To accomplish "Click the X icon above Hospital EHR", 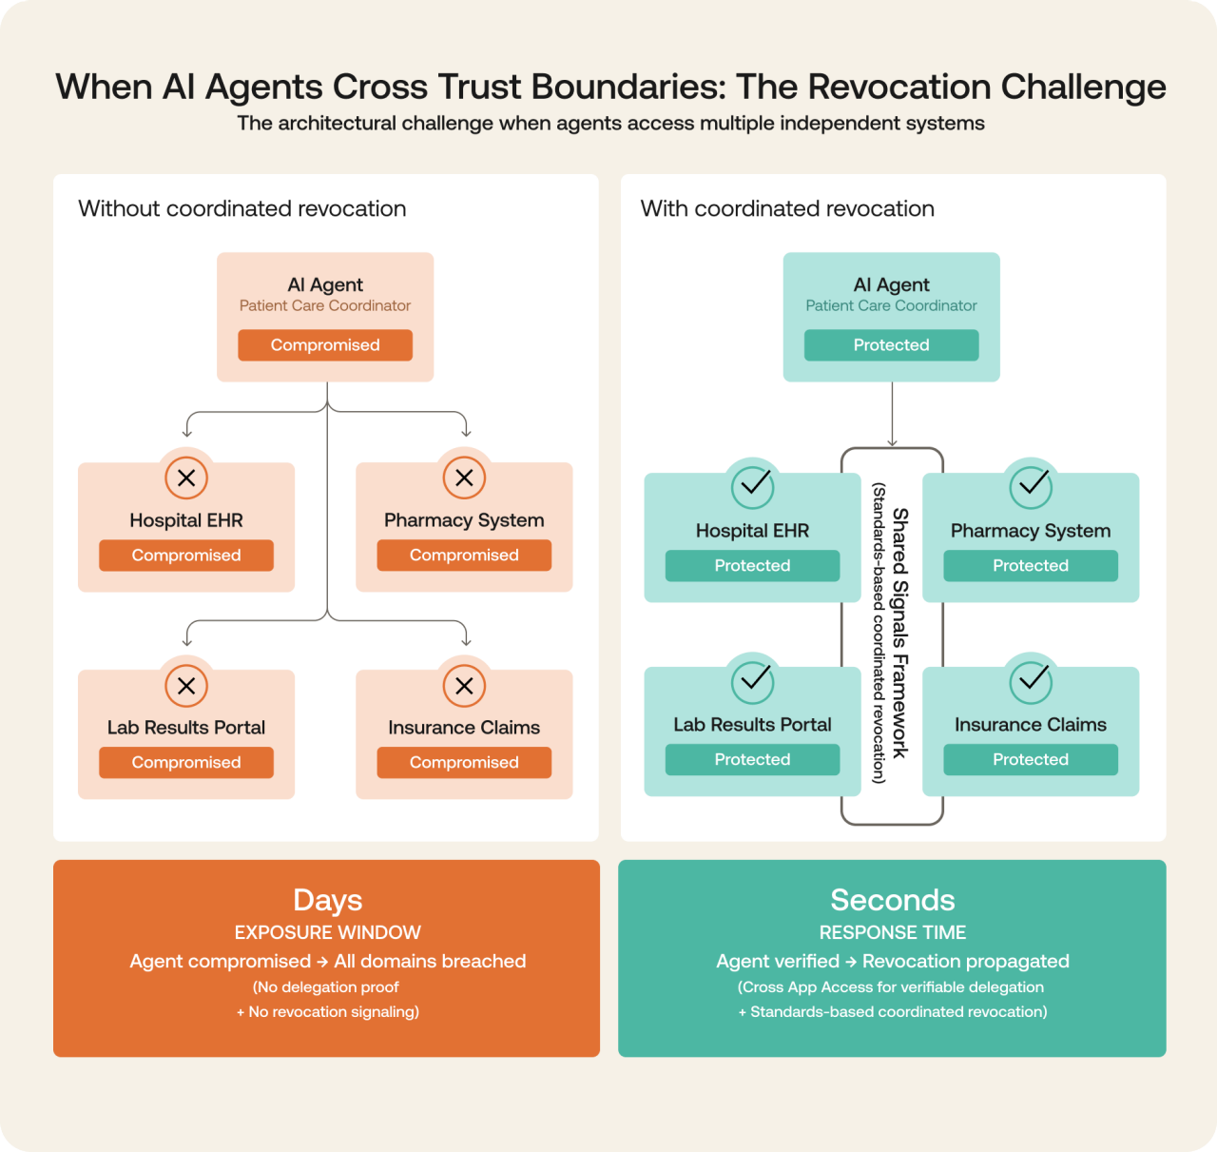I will pos(186,478).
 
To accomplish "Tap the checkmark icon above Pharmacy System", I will pos(1031,487).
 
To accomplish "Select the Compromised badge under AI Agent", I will pos(325,345).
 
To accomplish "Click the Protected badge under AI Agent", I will pos(891,345).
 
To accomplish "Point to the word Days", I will pos(327,900).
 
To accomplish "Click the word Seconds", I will pos(892,900).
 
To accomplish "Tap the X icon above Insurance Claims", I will pos(464,685).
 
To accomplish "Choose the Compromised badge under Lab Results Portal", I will pos(186,762).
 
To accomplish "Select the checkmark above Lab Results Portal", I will pos(752,681).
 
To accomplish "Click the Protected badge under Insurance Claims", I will pos(1031,759).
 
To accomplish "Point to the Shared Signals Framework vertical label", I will pos(899,633).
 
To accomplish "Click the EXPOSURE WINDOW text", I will pos(327,932).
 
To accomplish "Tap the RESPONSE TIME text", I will pos(892,932).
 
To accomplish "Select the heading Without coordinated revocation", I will pos(241,208).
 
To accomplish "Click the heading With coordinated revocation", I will pos(787,208).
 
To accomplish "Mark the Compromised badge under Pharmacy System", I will pos(464,556).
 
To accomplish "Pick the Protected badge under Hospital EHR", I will pos(752,566).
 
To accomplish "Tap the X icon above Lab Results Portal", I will pos(186,685).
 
